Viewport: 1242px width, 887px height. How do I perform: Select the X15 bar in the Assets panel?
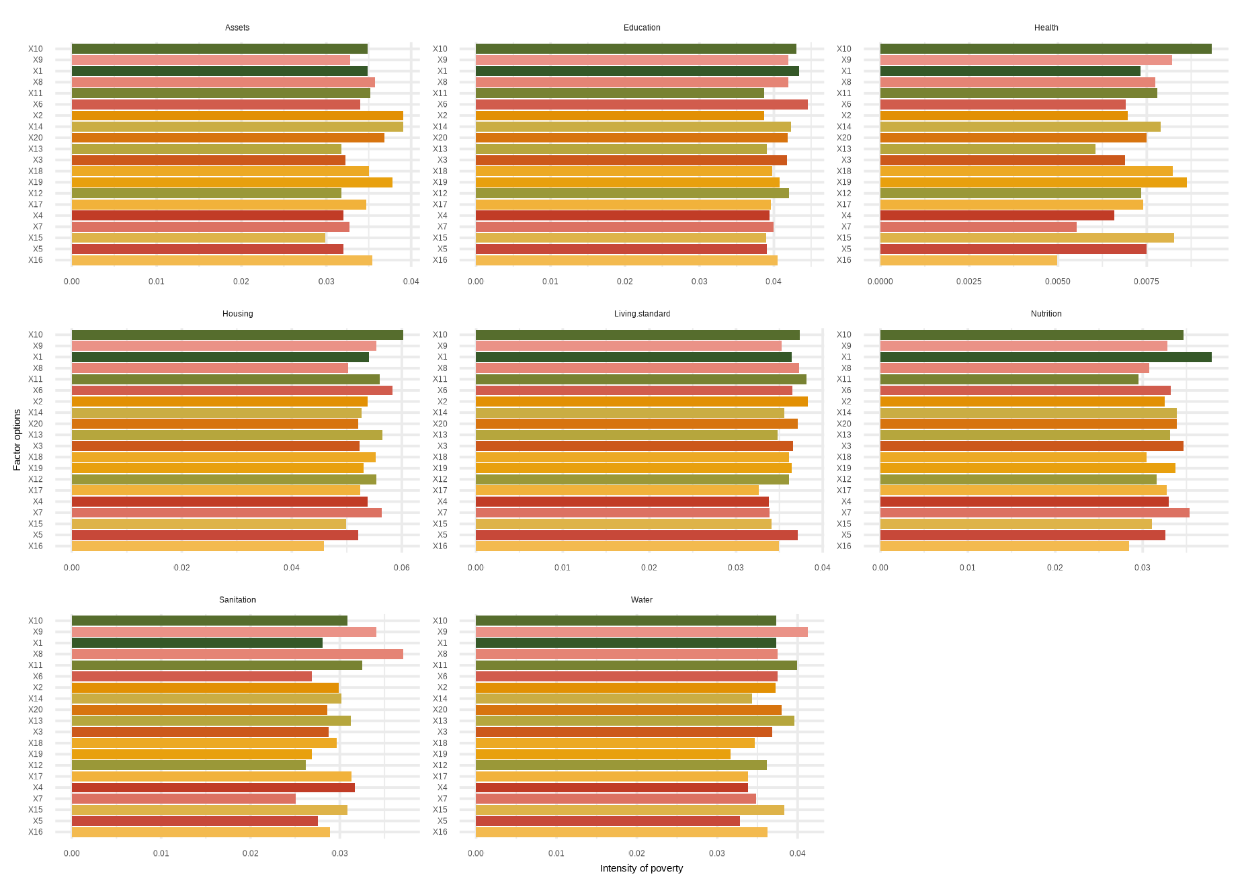pyautogui.click(x=198, y=238)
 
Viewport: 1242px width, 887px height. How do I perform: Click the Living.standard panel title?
pyautogui.click(x=642, y=314)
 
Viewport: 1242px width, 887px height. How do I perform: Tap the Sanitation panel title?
pyautogui.click(x=237, y=600)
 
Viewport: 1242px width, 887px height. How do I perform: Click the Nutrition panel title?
pyautogui.click(x=1046, y=314)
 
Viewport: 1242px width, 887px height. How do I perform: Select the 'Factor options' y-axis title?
pyautogui.click(x=17, y=440)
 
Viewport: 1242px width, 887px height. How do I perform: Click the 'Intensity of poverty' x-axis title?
pyautogui.click(x=641, y=868)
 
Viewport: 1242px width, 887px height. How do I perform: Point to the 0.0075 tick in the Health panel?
pyautogui.click(x=1146, y=282)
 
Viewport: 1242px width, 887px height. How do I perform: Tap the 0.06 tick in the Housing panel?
pyautogui.click(x=401, y=568)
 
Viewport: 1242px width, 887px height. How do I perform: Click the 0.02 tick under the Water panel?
pyautogui.click(x=636, y=853)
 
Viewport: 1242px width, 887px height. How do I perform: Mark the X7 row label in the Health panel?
pyautogui.click(x=845, y=226)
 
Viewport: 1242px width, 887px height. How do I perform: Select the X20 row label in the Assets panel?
pyautogui.click(x=36, y=138)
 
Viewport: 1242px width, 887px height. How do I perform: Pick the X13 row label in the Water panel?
pyautogui.click(x=440, y=720)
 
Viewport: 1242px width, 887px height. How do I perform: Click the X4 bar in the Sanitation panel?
pyautogui.click(x=213, y=788)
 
